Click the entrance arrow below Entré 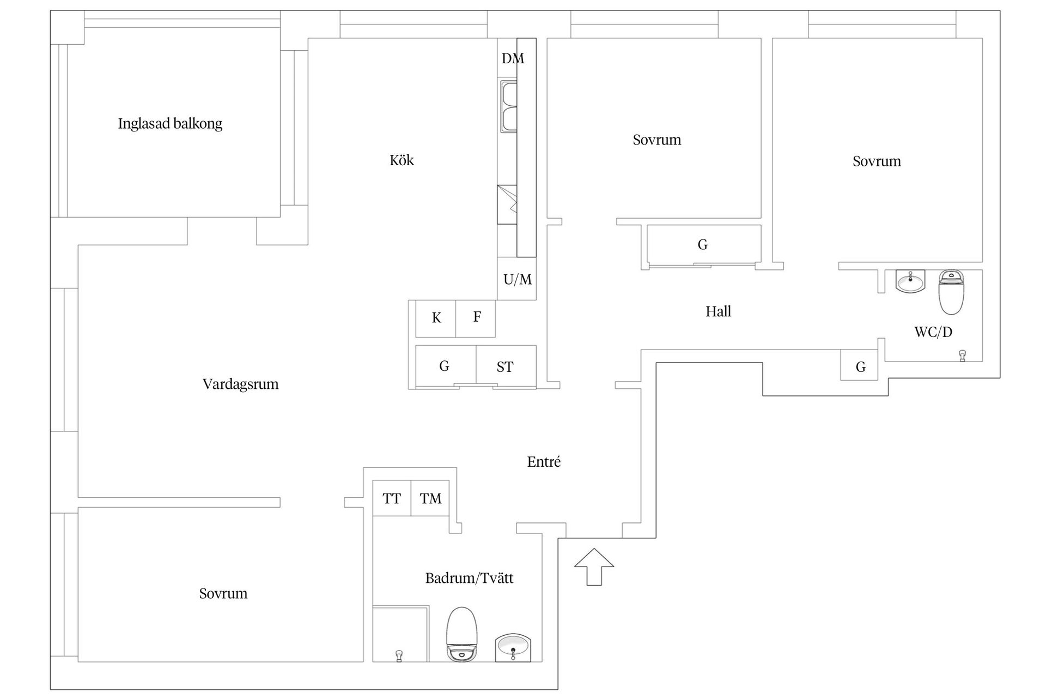[x=594, y=567]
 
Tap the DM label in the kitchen [x=513, y=58]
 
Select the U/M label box [x=517, y=279]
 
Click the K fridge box [x=436, y=318]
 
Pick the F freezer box [x=476, y=318]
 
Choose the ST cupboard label [x=505, y=367]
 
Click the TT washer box [x=392, y=498]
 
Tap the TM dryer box [x=430, y=498]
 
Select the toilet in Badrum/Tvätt [x=461, y=634]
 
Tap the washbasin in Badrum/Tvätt [x=513, y=648]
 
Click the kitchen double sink [x=509, y=106]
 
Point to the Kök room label [x=402, y=160]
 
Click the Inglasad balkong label [x=170, y=124]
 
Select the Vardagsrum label [x=240, y=384]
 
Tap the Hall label [x=718, y=311]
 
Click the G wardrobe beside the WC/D [x=859, y=365]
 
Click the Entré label [x=544, y=462]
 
